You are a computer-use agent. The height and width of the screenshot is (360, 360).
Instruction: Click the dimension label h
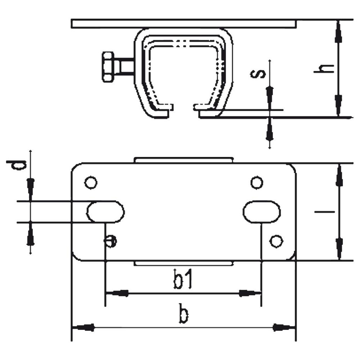324,69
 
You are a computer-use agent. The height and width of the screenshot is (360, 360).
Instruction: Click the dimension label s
258,74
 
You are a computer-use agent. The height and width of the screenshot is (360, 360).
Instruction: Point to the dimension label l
324,212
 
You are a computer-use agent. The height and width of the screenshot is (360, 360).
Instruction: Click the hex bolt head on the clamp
108,67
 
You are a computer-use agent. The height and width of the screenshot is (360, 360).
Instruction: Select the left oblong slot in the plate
105,212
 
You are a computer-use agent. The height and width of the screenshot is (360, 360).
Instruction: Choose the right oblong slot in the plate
261,212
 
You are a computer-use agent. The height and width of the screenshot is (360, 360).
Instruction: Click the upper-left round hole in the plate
91,183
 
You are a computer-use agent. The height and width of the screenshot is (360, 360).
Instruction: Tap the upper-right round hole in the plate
257,183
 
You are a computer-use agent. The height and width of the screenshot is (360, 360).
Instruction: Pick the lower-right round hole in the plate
276,241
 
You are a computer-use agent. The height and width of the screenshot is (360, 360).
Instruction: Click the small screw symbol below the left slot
111,241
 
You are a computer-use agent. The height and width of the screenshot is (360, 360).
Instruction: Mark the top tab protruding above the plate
184,160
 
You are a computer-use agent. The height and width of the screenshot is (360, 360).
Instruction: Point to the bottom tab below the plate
184,264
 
